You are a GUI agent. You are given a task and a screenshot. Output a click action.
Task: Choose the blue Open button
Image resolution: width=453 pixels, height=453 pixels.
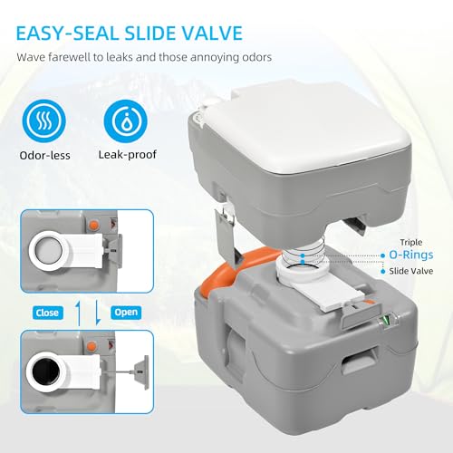[125, 313]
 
